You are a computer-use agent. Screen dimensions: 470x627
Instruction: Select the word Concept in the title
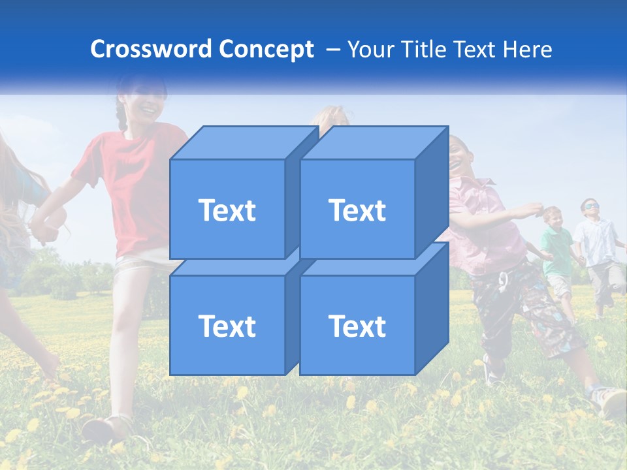[x=266, y=49]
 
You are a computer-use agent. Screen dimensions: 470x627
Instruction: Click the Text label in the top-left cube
[x=227, y=210]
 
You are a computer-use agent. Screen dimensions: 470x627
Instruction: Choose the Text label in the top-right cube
[x=357, y=210]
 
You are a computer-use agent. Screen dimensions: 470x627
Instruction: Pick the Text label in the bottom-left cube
[x=227, y=326]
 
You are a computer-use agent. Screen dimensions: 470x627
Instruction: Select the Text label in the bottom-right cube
[x=357, y=326]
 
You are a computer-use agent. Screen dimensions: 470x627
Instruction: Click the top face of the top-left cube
[x=242, y=142]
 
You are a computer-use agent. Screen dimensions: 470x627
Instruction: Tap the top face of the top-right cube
[x=372, y=142]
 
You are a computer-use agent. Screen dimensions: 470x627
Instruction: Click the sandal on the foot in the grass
[x=104, y=428]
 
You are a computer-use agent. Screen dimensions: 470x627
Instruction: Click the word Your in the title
[x=372, y=49]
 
